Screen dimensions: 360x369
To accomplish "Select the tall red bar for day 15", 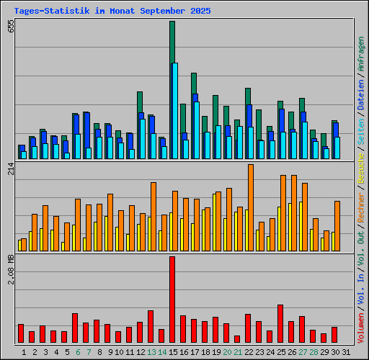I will [172, 299].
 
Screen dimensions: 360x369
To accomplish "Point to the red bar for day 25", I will [280, 323].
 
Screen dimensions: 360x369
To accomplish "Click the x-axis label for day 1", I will [25, 352].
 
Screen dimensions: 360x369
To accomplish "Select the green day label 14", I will [162, 352].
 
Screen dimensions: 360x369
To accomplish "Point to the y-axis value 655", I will [10, 28].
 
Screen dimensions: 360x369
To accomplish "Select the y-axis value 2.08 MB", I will [10, 269].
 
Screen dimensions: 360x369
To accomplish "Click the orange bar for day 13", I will [154, 216].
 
